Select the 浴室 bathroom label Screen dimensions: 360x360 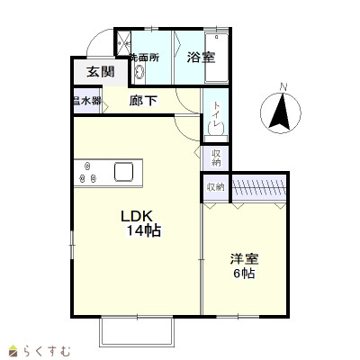tap(201, 58)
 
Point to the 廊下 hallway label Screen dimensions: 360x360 tap(143, 101)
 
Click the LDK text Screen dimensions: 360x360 tap(138, 216)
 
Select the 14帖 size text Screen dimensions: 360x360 tap(143, 231)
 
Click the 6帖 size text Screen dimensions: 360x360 tap(243, 274)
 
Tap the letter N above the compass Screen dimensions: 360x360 tap(283, 87)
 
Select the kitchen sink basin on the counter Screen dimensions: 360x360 tap(123, 171)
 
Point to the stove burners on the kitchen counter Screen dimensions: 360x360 tap(88, 172)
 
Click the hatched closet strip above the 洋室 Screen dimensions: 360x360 tap(260, 186)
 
